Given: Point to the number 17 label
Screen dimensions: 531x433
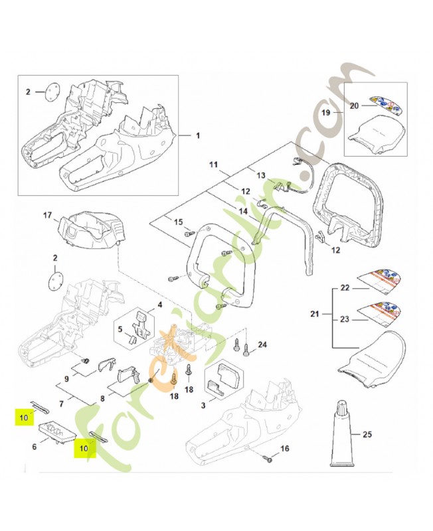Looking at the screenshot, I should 47,216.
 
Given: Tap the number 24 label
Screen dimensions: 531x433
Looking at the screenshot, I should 262,344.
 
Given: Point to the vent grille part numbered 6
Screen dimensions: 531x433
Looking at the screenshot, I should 59,432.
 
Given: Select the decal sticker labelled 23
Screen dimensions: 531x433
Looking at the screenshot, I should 382,313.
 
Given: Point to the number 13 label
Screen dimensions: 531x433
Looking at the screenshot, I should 261,175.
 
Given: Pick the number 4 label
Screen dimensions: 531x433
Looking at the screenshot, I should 159,305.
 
